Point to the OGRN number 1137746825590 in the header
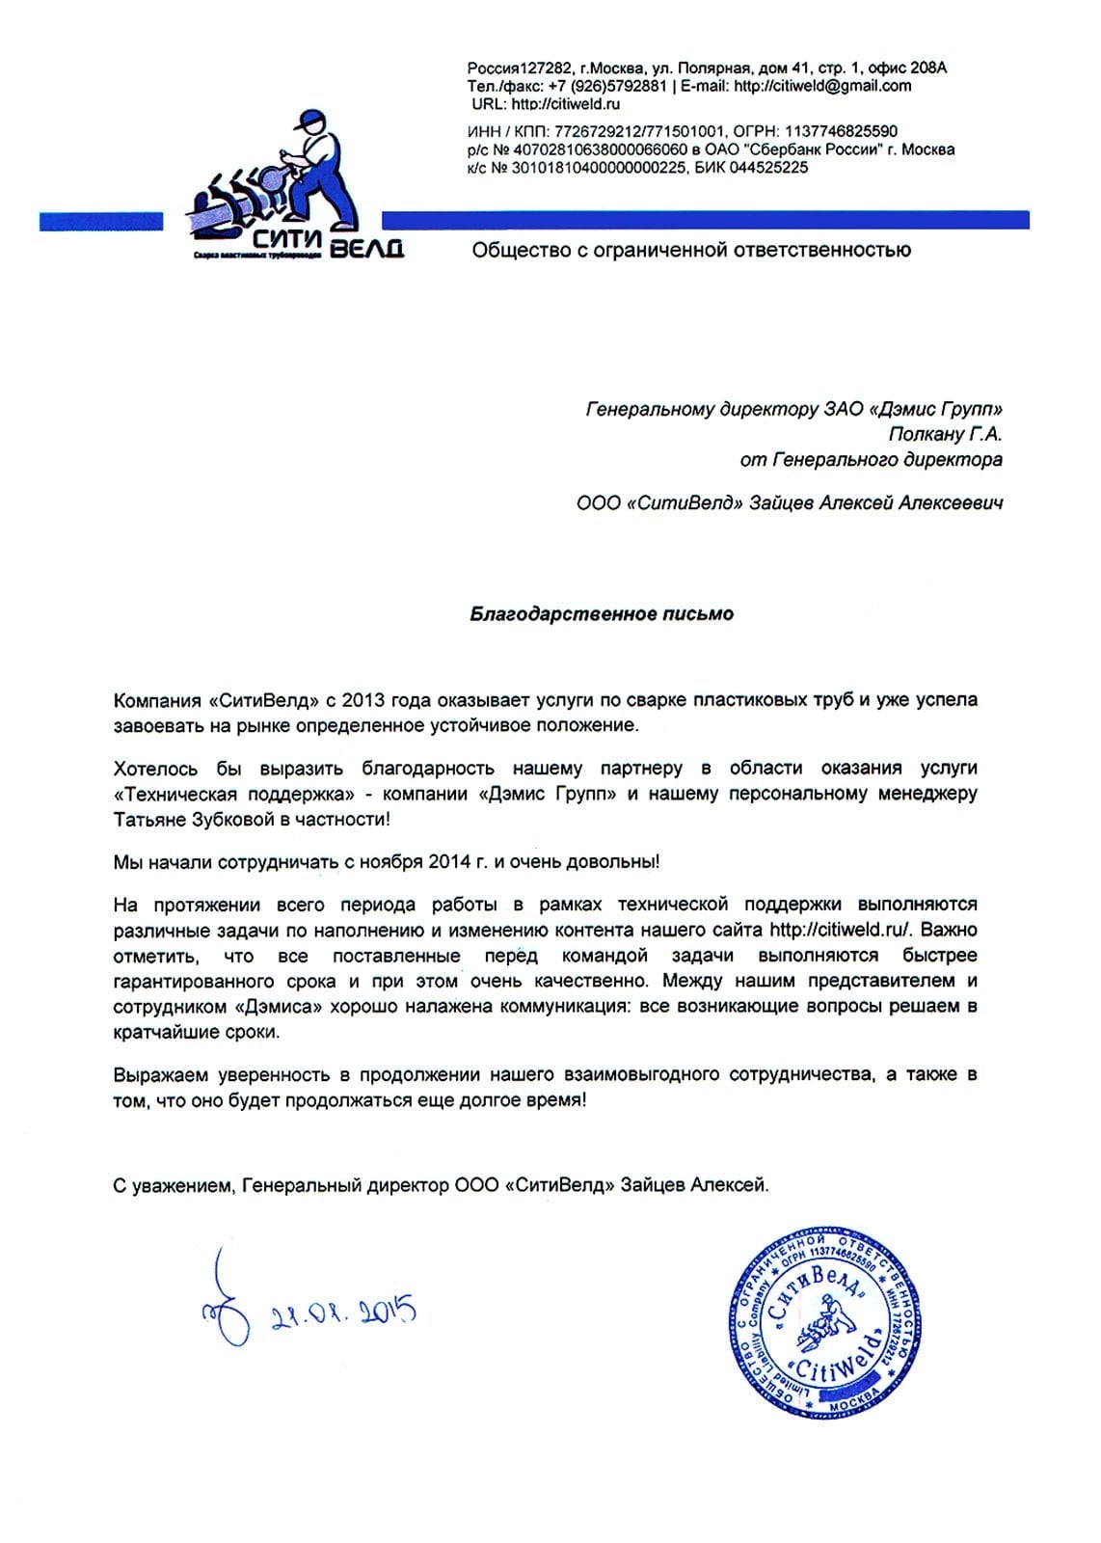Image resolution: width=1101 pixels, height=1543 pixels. (842, 131)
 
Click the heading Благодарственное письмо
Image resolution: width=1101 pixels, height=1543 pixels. (602, 614)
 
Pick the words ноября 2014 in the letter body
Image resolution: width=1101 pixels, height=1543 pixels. (404, 862)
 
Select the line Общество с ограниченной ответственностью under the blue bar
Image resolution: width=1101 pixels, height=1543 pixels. (691, 251)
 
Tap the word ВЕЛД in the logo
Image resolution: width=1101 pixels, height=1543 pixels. (366, 249)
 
